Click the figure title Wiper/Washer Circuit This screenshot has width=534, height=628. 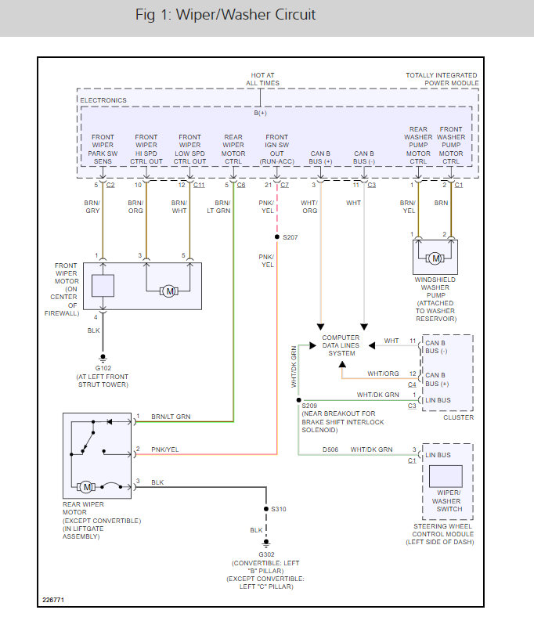pyautogui.click(x=225, y=15)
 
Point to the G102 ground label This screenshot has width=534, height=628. pyautogui.click(x=103, y=366)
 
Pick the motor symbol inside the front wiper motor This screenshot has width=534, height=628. pyautogui.click(x=168, y=291)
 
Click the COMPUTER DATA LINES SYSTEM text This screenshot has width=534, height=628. pyautogui.click(x=341, y=345)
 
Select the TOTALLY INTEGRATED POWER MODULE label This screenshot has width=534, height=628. pyautogui.click(x=442, y=79)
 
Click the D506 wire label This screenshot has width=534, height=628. pyautogui.click(x=330, y=449)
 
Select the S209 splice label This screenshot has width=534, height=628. pyautogui.click(x=310, y=405)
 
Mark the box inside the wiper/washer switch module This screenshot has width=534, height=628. pyautogui.click(x=446, y=477)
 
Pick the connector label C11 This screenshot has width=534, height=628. pyautogui.click(x=199, y=185)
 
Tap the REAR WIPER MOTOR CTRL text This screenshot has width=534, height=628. pyautogui.click(x=233, y=149)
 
